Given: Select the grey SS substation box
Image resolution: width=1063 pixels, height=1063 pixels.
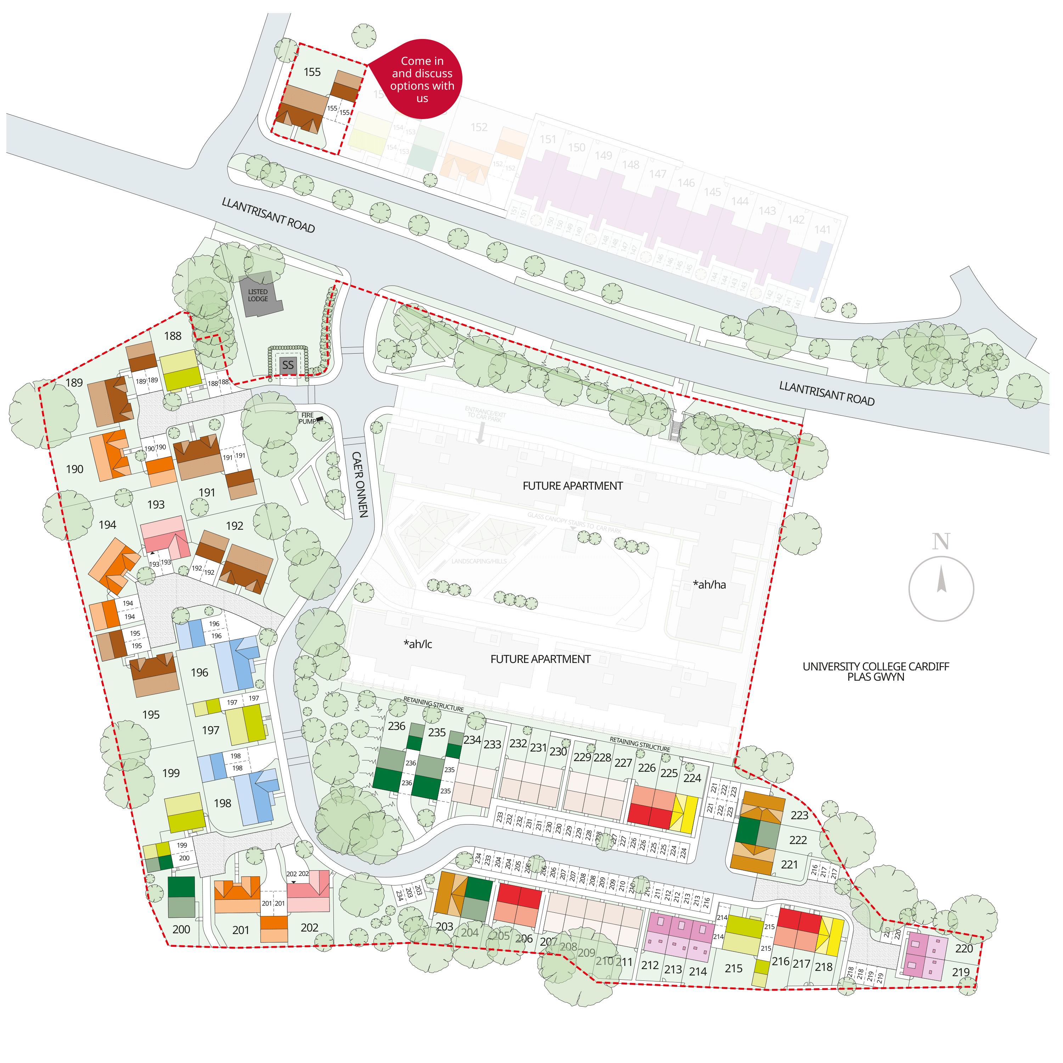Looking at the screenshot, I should (x=288, y=365).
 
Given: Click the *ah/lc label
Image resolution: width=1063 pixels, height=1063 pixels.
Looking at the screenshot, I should (x=418, y=644).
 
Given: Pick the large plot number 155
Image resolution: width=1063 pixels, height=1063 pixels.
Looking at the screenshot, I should (x=312, y=72).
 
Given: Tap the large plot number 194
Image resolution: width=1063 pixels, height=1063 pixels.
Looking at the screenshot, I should (x=107, y=525).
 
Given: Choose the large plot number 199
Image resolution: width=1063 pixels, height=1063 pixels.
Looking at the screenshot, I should (x=171, y=773).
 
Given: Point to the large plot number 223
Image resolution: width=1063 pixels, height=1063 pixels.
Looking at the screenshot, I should (x=799, y=815).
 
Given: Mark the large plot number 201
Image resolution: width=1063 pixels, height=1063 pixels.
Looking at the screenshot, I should (x=241, y=930).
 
